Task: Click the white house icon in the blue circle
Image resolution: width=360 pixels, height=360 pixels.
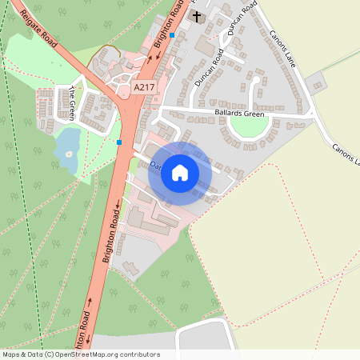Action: point(180,173)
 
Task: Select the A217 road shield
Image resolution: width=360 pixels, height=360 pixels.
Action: point(145,87)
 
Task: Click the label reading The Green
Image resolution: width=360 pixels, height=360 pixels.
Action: point(72,103)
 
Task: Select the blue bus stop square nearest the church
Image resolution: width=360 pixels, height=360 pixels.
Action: point(172,35)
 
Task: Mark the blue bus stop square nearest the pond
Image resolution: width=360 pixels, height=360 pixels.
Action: point(119,142)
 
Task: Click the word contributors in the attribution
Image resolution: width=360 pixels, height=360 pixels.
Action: point(140,354)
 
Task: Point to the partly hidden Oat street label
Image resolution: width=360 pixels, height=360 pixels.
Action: point(155,166)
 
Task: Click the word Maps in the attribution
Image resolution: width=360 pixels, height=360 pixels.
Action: point(11,354)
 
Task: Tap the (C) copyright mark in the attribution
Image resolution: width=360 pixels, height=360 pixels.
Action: point(49,354)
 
